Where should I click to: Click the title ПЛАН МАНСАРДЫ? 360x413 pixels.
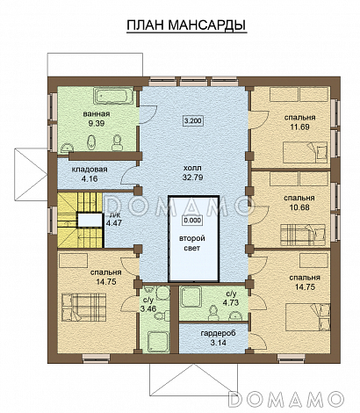pos(186,25)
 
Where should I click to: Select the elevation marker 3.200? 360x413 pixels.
pos(193,120)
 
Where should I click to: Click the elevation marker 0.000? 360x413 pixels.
pos(192,220)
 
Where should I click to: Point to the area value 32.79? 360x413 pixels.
pos(192,178)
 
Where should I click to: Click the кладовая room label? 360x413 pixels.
pos(90,170)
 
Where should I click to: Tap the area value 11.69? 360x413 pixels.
pos(299,127)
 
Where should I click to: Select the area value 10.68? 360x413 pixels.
pos(299,207)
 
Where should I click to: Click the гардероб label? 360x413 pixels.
pos(218,333)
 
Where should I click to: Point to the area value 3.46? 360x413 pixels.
pos(147,308)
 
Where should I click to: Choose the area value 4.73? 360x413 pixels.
pos(231,302)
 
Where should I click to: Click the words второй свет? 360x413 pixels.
pos(192,243)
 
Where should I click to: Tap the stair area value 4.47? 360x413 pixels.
pos(113,223)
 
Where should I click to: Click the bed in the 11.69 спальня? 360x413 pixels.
pos(305,152)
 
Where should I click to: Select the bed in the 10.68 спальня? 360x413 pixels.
pos(303,235)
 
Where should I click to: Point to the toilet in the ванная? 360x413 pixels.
pos(118,142)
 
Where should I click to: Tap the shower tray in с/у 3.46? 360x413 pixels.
pos(159,341)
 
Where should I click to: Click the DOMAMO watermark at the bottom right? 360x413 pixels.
pos(285,399)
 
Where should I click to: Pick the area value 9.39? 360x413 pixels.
pos(97,123)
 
